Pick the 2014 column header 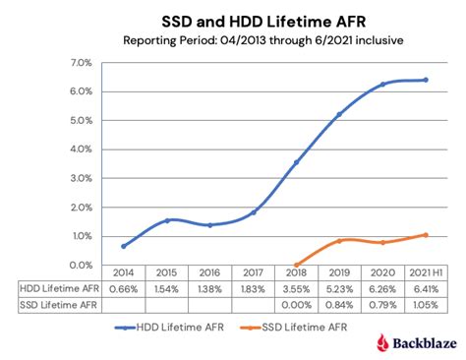pyautogui.click(x=123, y=273)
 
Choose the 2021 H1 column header pyautogui.click(x=424, y=273)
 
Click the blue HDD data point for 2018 pyautogui.click(x=296, y=162)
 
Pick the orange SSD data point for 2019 pyautogui.click(x=339, y=241)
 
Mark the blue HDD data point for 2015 pyautogui.click(x=167, y=220)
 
